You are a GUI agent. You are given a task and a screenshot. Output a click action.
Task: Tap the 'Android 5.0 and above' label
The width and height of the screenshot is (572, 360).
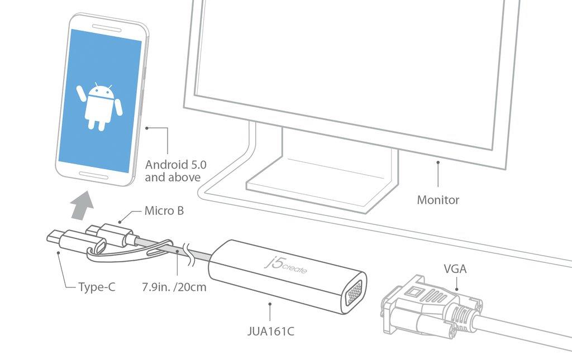(x=176, y=171)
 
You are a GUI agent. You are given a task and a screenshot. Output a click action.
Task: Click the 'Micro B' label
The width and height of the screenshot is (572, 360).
(x=164, y=210)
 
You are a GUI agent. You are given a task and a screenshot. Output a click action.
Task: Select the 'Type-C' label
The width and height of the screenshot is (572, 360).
(x=97, y=287)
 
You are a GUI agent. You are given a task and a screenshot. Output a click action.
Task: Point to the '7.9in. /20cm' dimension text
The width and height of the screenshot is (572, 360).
(x=174, y=287)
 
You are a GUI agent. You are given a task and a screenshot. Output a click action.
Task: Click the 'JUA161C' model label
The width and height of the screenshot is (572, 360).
(x=270, y=332)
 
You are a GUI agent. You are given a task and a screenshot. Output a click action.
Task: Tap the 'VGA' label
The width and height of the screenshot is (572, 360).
(x=455, y=269)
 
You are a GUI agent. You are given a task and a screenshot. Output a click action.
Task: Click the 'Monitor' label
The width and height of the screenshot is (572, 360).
(x=438, y=200)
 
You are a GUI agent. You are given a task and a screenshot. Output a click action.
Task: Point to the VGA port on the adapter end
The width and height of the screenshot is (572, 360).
(x=352, y=294)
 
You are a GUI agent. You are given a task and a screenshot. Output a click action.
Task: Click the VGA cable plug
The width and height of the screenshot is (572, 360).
(x=431, y=305)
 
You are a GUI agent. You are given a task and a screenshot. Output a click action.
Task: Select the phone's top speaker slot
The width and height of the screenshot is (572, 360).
(x=106, y=27)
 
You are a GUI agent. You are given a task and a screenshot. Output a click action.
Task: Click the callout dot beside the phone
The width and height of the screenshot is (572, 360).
(x=147, y=128)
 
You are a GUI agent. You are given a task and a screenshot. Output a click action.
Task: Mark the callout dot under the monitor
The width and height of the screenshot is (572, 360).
(x=438, y=162)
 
